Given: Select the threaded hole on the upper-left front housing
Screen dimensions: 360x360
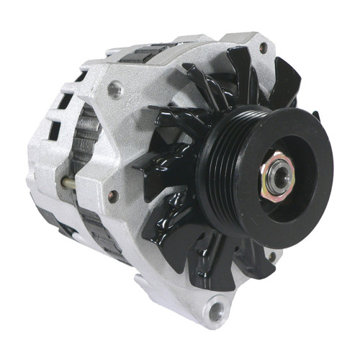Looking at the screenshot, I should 114,89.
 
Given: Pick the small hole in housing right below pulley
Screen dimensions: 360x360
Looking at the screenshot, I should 272,255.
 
